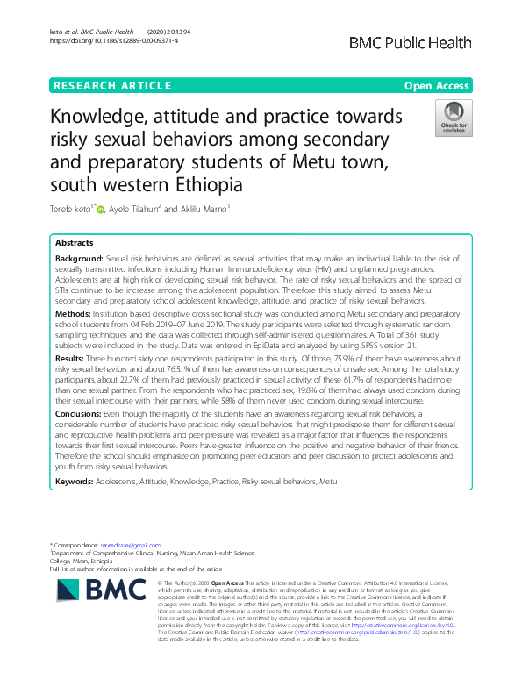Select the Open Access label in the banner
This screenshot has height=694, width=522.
tap(437, 85)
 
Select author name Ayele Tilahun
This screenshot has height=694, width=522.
tap(136, 210)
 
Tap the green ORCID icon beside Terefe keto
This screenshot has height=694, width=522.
tap(100, 210)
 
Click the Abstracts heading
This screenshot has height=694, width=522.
tap(75, 243)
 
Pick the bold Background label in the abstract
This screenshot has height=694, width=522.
tap(79, 261)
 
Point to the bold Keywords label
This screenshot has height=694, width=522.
tap(76, 482)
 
